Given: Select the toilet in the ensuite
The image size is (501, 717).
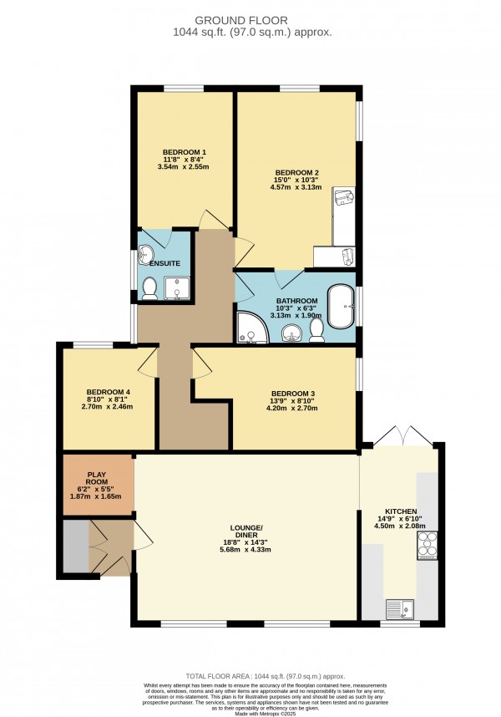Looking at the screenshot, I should click(150, 288).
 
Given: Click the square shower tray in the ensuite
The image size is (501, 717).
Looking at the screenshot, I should click(177, 288).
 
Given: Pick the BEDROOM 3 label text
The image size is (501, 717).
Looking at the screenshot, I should click(294, 394).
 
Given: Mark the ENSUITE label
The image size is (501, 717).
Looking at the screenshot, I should click(165, 263).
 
